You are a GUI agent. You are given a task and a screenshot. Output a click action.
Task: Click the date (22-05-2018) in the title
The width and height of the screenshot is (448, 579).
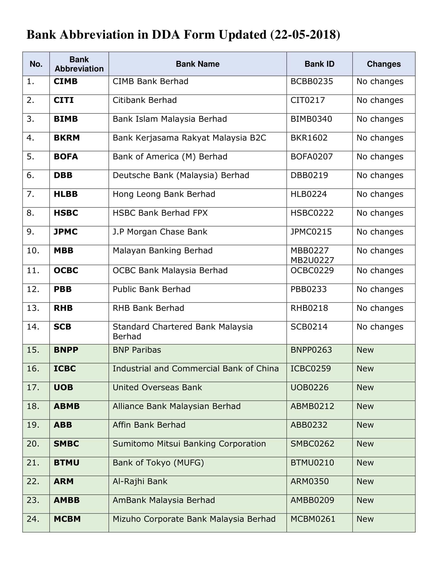coord(305,35)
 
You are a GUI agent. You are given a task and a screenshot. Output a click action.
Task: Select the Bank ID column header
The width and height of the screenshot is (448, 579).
coord(319,64)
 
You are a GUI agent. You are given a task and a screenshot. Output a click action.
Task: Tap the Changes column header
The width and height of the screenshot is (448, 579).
coord(383,64)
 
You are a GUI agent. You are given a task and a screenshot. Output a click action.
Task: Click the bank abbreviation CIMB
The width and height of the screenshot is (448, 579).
coord(66,81)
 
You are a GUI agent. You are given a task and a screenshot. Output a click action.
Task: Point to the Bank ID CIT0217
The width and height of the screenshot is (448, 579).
coord(308,100)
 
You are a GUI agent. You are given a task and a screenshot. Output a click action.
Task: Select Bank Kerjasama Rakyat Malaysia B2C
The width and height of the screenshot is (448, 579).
coord(189,138)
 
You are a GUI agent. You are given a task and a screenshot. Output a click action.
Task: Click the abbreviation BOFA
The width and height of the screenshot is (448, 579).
coord(66,157)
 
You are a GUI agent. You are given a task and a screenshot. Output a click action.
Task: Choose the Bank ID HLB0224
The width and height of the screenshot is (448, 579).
coord(308,194)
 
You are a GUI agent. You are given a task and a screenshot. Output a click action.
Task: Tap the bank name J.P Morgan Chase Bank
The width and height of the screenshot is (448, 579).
coord(160,232)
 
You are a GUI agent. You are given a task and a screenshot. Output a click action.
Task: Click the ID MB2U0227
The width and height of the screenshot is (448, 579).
coord(312,260)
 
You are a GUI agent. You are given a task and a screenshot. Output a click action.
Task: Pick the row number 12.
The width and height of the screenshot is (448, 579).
coord(33,289)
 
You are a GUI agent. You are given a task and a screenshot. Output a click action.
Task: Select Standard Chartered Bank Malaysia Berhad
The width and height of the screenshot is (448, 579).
coord(182,331)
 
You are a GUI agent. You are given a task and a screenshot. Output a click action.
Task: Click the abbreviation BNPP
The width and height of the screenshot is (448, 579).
coord(66,350)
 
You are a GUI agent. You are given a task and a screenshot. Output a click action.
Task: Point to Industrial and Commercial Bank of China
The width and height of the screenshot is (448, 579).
coord(196,369)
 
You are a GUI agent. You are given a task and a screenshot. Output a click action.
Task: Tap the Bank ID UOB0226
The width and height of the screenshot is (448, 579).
coord(309,388)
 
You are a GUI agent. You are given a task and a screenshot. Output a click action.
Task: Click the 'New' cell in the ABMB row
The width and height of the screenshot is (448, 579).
coord(365,406)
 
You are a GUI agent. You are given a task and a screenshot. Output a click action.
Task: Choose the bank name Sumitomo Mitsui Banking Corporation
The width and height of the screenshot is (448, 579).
coord(189,444)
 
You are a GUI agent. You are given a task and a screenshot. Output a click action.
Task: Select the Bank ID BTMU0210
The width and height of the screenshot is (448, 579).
coord(312,463)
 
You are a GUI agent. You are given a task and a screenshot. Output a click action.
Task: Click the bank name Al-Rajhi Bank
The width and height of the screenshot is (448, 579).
coord(140,481)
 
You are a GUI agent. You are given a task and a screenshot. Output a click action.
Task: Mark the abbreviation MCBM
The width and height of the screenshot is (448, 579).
coord(67,519)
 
